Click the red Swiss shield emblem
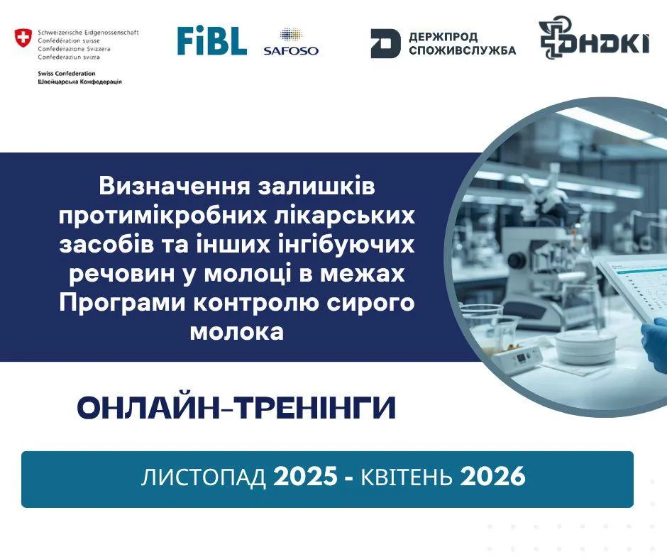click(23, 38)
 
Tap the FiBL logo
click(212, 41)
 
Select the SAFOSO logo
click(291, 42)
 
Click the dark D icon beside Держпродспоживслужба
click(385, 43)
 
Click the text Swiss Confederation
click(67, 73)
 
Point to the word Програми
click(122, 304)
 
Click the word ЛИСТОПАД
click(204, 477)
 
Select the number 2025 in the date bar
click(305, 477)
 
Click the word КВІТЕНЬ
click(407, 477)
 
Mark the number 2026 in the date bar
click(492, 477)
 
